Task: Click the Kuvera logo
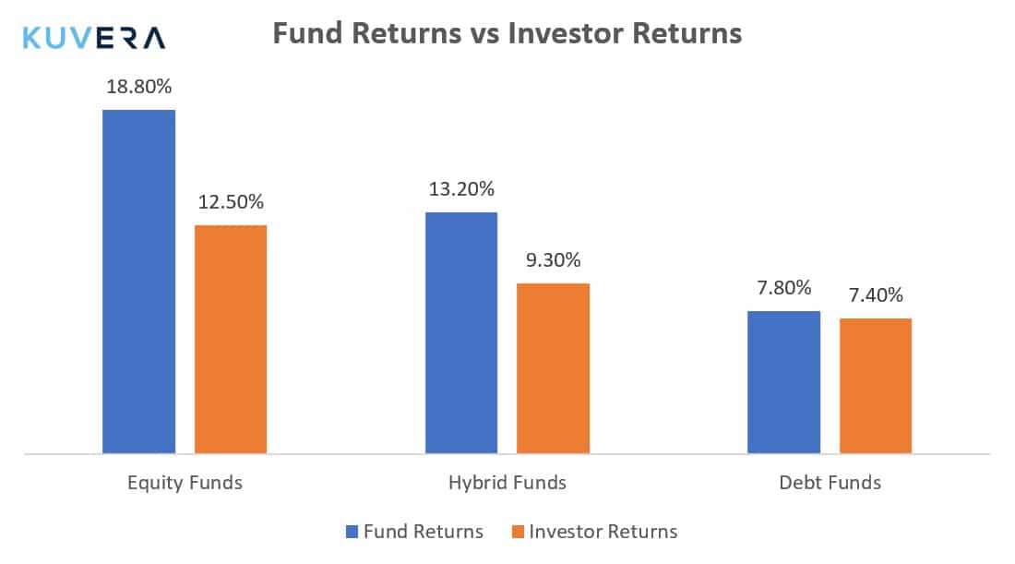94,38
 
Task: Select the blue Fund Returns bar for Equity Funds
138,282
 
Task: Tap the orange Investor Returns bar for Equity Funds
231,340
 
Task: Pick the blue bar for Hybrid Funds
461,333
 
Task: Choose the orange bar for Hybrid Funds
553,368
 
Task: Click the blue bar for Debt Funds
784,382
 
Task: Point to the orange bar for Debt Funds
876,386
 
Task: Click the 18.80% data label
139,86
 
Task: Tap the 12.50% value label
231,202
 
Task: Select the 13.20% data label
461,189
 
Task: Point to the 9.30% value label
554,260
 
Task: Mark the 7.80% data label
784,287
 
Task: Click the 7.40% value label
876,295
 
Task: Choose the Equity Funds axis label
185,483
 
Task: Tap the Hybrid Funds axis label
507,483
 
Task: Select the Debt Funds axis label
830,483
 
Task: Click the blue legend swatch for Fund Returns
352,532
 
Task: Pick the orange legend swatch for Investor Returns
518,532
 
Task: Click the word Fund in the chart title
307,33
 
